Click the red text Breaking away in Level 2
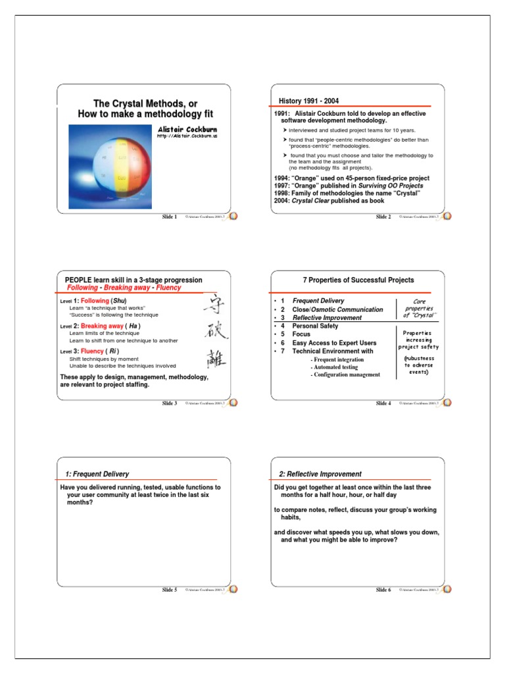click(101, 326)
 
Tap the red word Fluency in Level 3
click(93, 351)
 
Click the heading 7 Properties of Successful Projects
click(358, 280)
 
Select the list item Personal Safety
click(315, 326)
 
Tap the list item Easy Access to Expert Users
click(334, 343)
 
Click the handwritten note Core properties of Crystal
click(419, 308)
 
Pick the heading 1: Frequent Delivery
click(97, 474)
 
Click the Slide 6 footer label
click(383, 590)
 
